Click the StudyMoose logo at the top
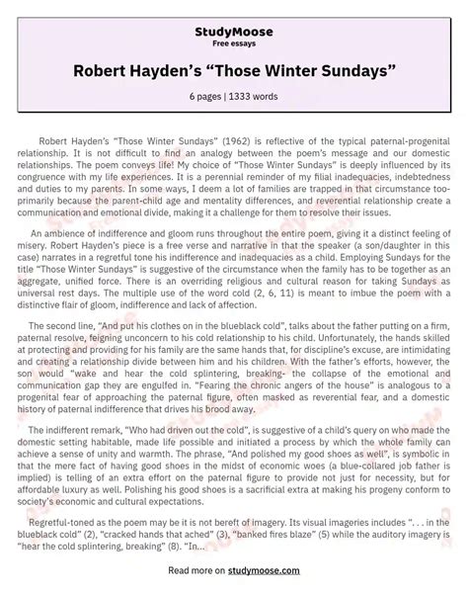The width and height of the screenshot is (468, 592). [x=234, y=18]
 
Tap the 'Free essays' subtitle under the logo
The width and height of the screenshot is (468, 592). [x=234, y=31]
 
